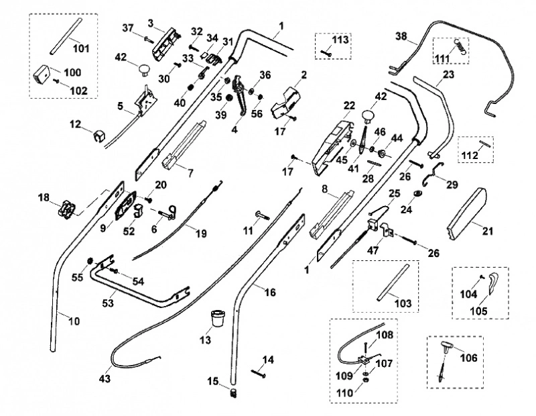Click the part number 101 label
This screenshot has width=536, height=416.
pyautogui.click(x=81, y=48)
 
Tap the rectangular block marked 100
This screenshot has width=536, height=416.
pyautogui.click(x=42, y=74)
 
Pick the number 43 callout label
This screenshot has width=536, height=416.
pyautogui.click(x=105, y=378)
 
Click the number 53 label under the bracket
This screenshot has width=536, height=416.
pyautogui.click(x=108, y=303)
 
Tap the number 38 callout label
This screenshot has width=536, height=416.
pyautogui.click(x=401, y=36)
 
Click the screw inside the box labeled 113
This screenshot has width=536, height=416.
pyautogui.click(x=326, y=53)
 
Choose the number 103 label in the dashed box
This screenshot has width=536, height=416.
pyautogui.click(x=403, y=303)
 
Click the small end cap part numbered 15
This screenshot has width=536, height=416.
pyautogui.click(x=234, y=392)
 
